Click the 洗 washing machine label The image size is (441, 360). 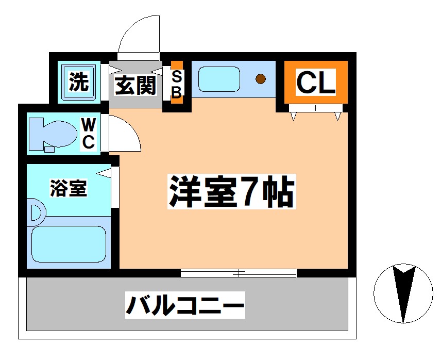79,81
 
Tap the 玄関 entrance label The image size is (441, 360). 135,85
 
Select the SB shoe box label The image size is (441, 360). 177,84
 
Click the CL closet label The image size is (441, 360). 316,82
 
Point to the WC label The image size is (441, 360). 88,134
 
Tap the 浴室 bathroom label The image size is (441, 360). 69,188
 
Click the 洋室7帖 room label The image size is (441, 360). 231,191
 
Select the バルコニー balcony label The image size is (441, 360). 185,305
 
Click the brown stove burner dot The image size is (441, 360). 261,79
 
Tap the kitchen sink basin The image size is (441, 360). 219,79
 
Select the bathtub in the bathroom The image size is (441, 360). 69,244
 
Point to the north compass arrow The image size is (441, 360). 403,293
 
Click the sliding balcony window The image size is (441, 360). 239,273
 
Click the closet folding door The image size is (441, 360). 316,108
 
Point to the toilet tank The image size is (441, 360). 37,134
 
